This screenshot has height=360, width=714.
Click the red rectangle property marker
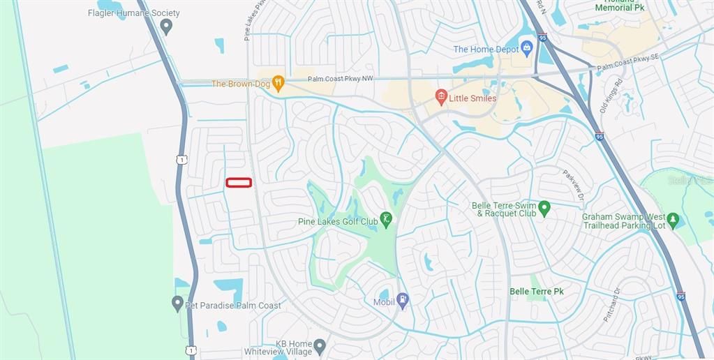click(x=239, y=183)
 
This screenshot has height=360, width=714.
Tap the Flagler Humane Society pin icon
click(x=166, y=27)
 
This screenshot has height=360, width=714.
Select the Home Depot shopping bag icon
click(x=527, y=49)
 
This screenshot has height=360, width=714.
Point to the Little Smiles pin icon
click(x=440, y=97)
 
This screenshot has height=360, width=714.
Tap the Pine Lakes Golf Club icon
click(x=386, y=220)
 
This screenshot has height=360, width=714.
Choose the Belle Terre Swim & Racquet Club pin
click(x=544, y=208)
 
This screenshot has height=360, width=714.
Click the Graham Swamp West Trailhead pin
click(x=673, y=220)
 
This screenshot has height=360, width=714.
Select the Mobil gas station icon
click(x=402, y=299)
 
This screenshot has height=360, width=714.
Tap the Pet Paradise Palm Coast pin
click(x=177, y=303)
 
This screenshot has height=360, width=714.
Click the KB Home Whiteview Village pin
click(x=320, y=346)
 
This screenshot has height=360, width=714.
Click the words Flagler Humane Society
click(x=134, y=13)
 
